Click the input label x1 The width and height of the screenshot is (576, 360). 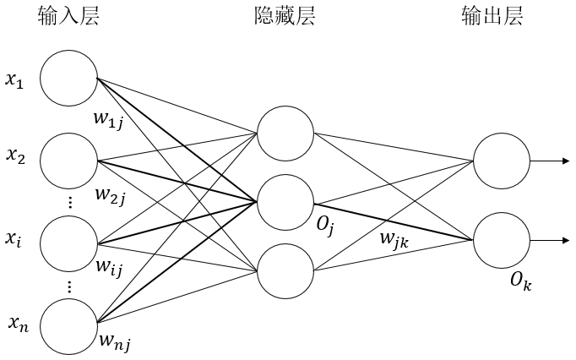[18, 83]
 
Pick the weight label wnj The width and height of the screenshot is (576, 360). [114, 342]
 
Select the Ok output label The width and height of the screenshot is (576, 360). [520, 281]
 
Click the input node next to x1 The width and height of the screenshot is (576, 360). [69, 79]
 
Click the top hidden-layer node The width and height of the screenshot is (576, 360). [285, 133]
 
